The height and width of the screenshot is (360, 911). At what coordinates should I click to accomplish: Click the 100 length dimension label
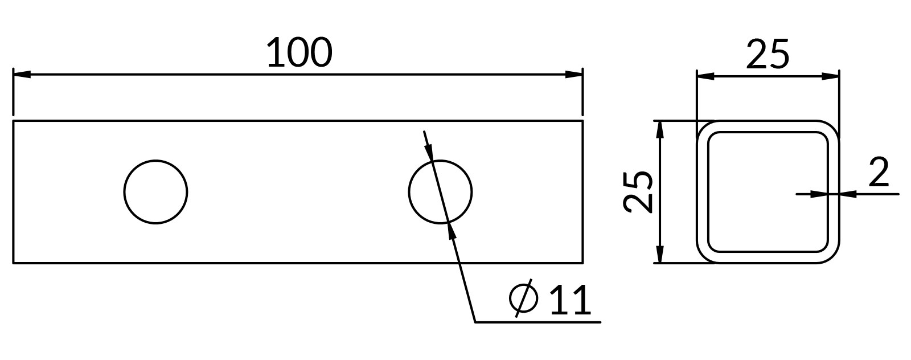299,52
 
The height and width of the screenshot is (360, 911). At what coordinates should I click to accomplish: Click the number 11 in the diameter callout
570,300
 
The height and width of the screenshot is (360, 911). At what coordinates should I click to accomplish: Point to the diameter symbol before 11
523,298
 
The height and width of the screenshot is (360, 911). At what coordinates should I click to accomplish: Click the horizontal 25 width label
768,54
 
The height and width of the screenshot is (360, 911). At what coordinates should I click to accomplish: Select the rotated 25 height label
638,191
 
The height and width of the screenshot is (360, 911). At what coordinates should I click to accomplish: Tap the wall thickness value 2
879,172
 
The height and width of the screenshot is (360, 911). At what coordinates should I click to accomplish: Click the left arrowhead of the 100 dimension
22,75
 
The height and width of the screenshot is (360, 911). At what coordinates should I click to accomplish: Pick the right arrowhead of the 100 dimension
574,75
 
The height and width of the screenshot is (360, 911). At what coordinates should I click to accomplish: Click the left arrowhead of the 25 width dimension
706,76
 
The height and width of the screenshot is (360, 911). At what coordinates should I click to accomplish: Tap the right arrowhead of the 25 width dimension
831,76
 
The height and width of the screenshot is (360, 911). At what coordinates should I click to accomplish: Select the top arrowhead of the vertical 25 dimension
660,130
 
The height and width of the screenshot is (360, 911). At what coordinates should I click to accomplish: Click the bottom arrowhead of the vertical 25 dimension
660,254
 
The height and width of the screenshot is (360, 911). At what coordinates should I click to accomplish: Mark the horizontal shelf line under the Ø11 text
538,322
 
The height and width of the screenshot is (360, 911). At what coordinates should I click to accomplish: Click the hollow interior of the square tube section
768,191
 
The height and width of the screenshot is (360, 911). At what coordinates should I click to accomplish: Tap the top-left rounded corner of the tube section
703,126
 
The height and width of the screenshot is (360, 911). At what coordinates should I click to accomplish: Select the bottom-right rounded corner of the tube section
834,257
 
